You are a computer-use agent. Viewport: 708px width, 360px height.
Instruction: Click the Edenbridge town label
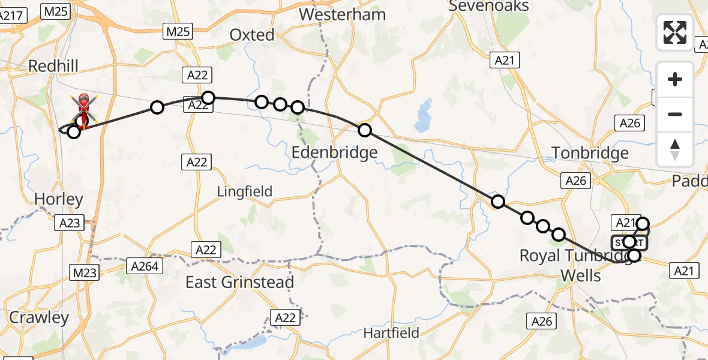pyautogui.click(x=334, y=152)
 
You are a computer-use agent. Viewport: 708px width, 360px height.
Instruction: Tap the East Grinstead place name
pyautogui.click(x=239, y=282)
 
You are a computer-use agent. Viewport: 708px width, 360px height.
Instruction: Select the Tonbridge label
pyautogui.click(x=590, y=153)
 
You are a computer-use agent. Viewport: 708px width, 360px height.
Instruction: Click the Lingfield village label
pyautogui.click(x=245, y=191)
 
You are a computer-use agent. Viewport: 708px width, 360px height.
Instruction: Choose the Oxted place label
pyautogui.click(x=252, y=35)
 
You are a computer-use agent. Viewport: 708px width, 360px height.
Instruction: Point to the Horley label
pyautogui.click(x=50, y=199)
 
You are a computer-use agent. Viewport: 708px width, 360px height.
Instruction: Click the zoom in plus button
pyautogui.click(x=675, y=79)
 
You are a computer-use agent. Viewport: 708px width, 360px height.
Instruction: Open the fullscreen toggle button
pyautogui.click(x=675, y=32)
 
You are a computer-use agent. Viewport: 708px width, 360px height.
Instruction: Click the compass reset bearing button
pyautogui.click(x=675, y=149)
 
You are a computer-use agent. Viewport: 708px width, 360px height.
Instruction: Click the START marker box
pyautogui.click(x=629, y=242)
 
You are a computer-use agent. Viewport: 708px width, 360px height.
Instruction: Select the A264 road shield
pyautogui.click(x=145, y=265)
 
